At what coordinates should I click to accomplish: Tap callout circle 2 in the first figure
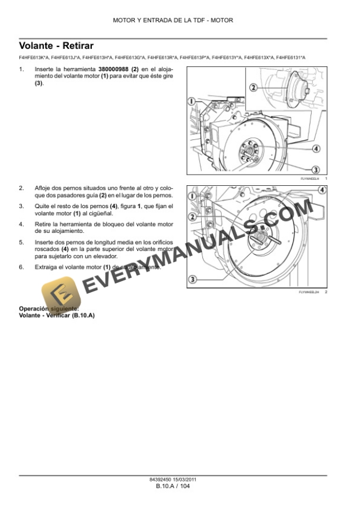pyautogui.click(x=254, y=88)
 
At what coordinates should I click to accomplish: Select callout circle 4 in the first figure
pyautogui.click(x=315, y=148)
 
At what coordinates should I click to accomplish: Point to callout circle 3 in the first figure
pyautogui.click(x=315, y=169)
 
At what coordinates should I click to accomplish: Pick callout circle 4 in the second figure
pyautogui.click(x=322, y=190)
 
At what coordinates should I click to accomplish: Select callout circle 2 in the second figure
pyautogui.click(x=192, y=217)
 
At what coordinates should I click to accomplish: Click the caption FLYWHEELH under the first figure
pyautogui.click(x=309, y=178)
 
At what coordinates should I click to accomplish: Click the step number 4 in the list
pyautogui.click(x=21, y=224)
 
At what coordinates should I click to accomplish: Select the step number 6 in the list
pyautogui.click(x=21, y=267)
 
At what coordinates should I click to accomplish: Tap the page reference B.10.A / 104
pyautogui.click(x=173, y=486)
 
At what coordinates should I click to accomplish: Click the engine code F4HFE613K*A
pyautogui.click(x=34, y=57)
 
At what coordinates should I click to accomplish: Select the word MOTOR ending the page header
pyautogui.click(x=222, y=20)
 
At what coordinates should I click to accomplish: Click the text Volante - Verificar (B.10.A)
pyautogui.click(x=56, y=316)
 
